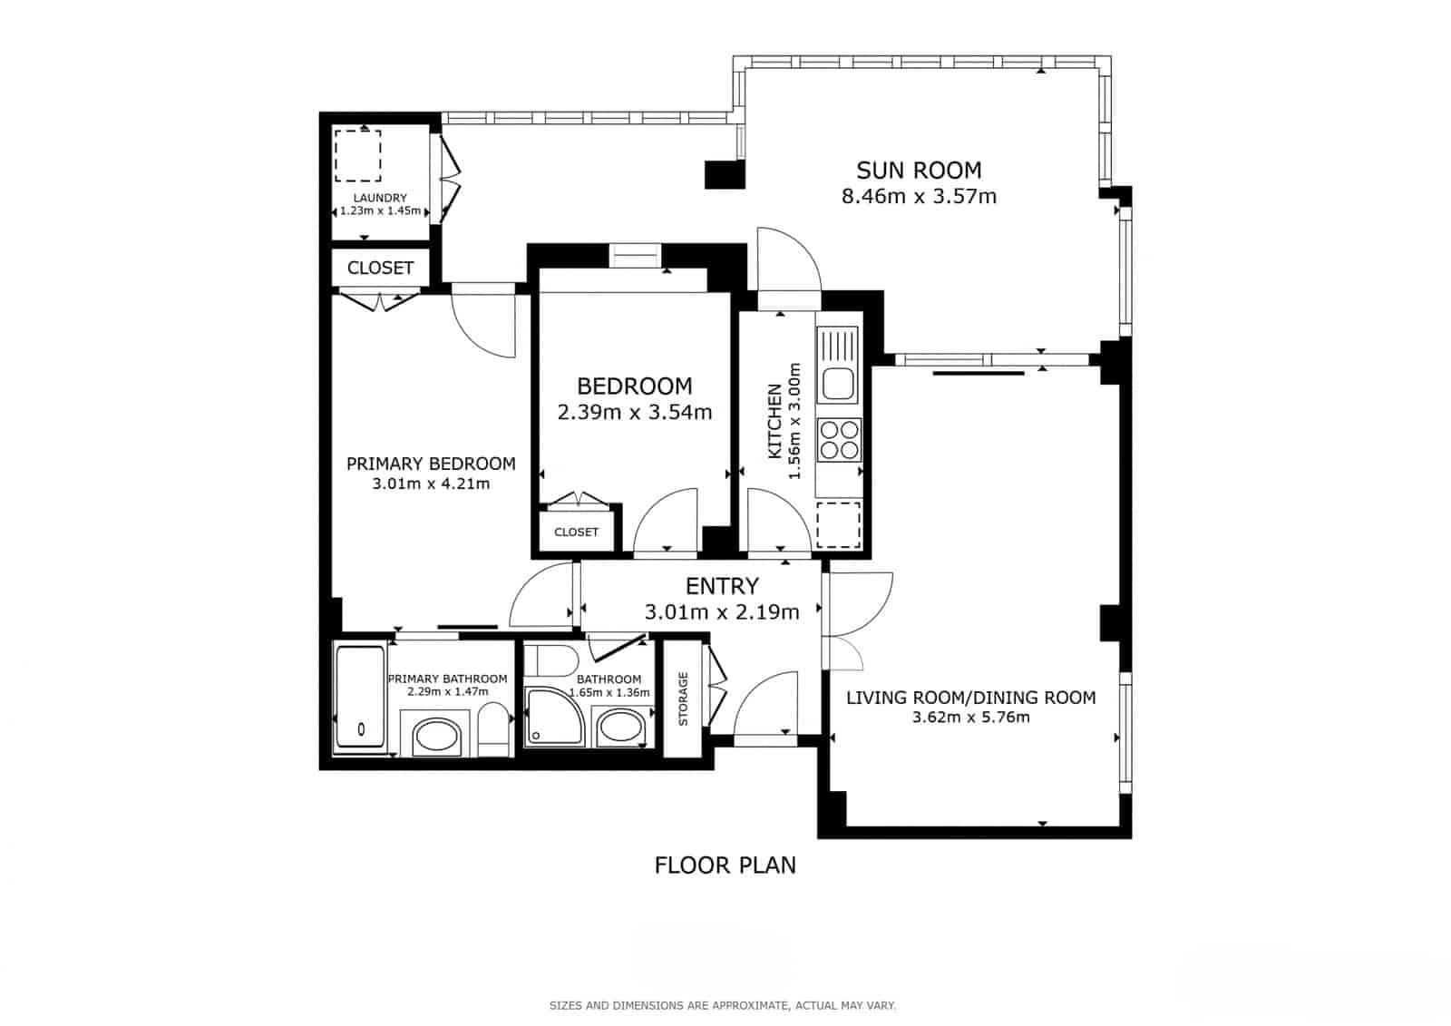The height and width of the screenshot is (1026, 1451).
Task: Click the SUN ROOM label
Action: (x=919, y=171)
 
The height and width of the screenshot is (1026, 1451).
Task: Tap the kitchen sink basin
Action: (x=838, y=384)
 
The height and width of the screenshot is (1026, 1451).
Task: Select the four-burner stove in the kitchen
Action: (x=839, y=440)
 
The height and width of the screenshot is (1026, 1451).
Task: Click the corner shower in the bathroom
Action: (x=554, y=717)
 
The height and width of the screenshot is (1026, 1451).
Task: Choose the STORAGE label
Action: (x=683, y=699)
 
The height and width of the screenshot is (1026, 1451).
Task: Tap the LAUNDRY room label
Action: (x=380, y=198)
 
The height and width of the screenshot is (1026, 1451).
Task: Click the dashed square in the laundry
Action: (x=357, y=155)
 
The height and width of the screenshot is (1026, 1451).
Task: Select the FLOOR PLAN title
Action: (x=725, y=865)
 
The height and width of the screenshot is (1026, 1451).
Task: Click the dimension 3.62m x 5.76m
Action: (x=971, y=717)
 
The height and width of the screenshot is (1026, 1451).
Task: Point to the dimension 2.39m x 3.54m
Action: (x=635, y=412)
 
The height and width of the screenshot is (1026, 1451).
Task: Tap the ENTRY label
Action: (x=722, y=586)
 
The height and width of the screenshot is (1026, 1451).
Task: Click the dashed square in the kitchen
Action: (x=838, y=525)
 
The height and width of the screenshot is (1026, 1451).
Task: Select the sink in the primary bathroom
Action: (x=436, y=737)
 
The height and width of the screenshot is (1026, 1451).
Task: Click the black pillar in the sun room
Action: (x=725, y=174)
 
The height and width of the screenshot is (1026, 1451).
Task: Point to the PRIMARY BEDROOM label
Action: (x=431, y=464)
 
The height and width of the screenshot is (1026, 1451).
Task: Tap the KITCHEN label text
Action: (x=774, y=421)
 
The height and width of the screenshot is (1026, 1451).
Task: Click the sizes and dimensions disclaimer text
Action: (x=723, y=1006)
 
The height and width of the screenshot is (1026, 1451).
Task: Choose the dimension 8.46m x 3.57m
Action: (x=919, y=196)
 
